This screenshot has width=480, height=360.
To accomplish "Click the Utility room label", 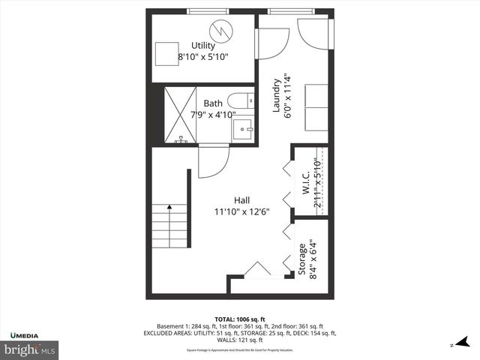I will point(203,46).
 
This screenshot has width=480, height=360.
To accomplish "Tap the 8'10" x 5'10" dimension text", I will point(203,56).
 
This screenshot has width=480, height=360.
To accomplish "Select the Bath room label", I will point(214,104).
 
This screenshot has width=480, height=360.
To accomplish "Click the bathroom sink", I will point(243,129).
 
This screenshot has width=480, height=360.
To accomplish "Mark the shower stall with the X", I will point(181,117).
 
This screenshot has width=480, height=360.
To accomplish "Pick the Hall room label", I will point(241,200).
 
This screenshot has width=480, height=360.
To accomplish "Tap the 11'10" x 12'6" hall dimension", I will point(241,211).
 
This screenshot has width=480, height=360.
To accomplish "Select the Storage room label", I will point(302,259).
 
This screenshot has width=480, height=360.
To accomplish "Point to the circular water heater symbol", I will point(221,31).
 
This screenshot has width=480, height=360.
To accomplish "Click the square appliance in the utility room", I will point(166,55).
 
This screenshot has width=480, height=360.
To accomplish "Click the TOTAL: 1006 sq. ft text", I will point(241,319).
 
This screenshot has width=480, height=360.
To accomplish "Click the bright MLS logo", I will point(30,349).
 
